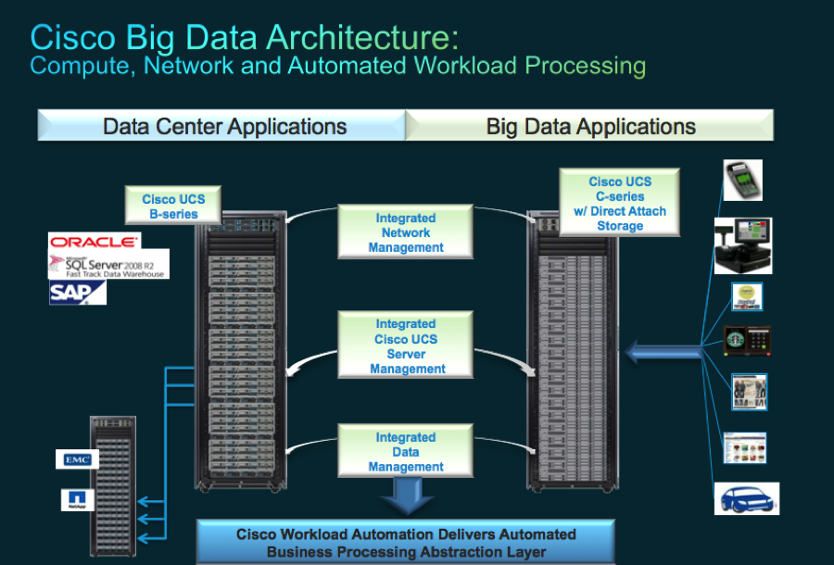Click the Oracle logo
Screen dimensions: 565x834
pos(95,241)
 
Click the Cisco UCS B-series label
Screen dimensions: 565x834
pos(173,206)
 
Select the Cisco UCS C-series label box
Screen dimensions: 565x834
pos(619,204)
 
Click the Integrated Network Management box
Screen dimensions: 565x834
pos(406,232)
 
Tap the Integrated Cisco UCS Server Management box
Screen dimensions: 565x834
pos(407,345)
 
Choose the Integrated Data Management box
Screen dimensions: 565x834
pos(406,452)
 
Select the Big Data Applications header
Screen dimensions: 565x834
pos(590,127)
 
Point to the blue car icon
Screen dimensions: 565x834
pos(747,498)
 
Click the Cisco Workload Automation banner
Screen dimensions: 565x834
pos(406,543)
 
